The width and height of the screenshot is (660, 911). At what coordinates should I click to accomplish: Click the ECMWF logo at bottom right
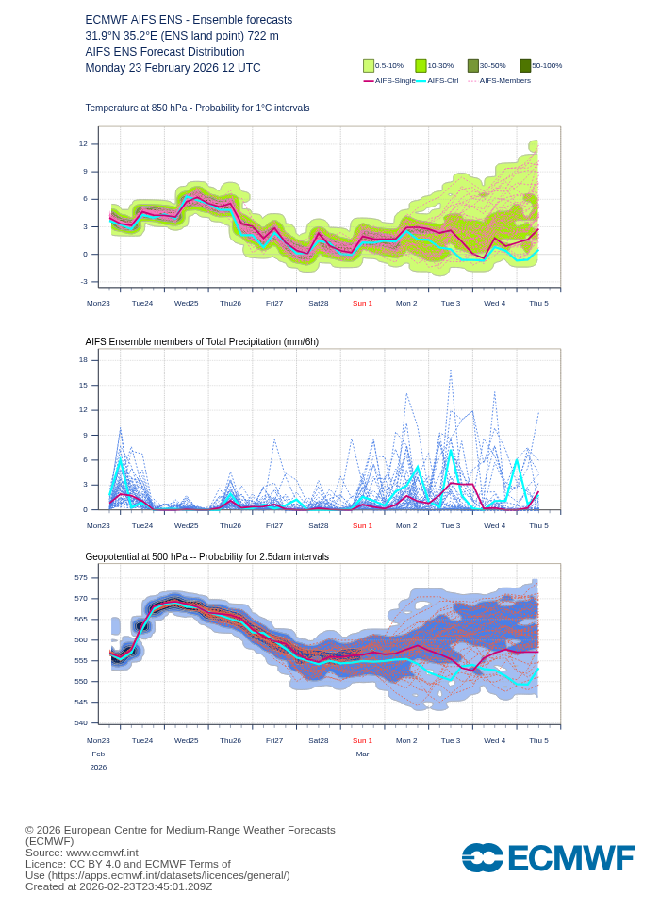[x=548, y=858]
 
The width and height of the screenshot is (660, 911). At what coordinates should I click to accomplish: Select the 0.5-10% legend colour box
[x=369, y=66]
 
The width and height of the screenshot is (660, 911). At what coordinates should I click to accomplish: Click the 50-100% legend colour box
[x=525, y=66]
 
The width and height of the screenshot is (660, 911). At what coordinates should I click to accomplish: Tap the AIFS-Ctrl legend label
[x=443, y=81]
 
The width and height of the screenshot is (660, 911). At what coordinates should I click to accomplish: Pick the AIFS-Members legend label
[x=504, y=81]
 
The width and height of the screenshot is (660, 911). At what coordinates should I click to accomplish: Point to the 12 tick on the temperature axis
[x=83, y=144]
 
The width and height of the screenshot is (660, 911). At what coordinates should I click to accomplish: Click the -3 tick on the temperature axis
[x=83, y=281]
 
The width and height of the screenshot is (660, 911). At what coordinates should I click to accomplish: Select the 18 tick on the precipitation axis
[x=83, y=360]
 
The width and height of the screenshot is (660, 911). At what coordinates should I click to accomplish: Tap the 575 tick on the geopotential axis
[x=81, y=577]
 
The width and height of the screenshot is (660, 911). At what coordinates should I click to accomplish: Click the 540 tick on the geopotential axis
[x=81, y=722]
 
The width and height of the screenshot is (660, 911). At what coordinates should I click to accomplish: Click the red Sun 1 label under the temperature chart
[x=362, y=303]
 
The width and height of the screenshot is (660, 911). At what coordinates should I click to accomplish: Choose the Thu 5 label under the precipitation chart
[x=538, y=525]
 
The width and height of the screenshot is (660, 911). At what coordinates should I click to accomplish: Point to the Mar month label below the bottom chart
[x=362, y=754]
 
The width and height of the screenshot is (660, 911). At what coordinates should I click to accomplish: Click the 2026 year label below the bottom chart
[x=98, y=767]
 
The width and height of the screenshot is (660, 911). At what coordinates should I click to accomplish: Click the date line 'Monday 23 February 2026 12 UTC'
[x=173, y=68]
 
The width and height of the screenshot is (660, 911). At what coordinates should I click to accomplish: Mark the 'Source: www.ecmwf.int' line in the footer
[x=81, y=853]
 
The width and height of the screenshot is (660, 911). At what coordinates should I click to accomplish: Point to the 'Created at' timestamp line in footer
[x=119, y=886]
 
